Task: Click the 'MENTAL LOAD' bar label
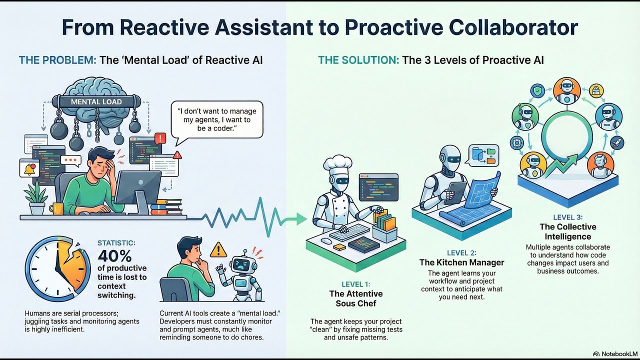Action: pos(96,101)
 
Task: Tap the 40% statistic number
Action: pos(114,255)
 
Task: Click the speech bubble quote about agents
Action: pos(217,119)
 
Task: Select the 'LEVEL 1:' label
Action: pos(355,284)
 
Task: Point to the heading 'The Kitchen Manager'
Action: pos(461,262)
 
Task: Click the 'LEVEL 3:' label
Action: pos(567,217)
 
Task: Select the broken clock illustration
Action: pos(57,268)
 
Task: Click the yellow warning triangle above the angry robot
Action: pos(218,250)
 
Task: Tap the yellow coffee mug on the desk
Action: pos(56,209)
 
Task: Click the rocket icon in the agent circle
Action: pos(616,142)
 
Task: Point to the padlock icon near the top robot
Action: pos(596,91)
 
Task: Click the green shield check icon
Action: pos(537,91)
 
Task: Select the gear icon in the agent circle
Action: pos(517,142)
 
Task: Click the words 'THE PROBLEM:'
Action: pos(57,60)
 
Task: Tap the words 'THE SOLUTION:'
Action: pos(358,60)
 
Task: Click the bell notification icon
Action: pos(29,168)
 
